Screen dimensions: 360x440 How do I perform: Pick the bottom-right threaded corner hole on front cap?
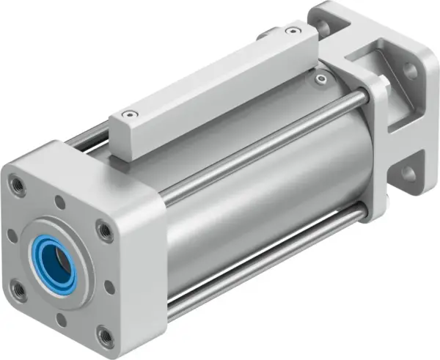(106, 337)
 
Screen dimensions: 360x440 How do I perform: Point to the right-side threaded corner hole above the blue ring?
(105, 232)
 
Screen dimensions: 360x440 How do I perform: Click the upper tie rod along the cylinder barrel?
(264, 144)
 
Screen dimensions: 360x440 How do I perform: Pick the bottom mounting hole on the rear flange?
(408, 172)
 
